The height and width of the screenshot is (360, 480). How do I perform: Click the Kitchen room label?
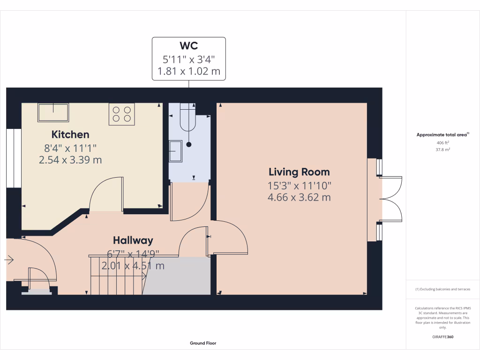click(70, 135)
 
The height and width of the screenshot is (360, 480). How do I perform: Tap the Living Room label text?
click(299, 172)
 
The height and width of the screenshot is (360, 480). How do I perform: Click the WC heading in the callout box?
click(188, 46)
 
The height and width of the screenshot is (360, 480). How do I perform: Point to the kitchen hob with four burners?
click(122, 114)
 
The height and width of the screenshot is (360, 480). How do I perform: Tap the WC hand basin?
click(176, 151)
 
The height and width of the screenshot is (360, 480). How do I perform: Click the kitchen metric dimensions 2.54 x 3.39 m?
click(70, 160)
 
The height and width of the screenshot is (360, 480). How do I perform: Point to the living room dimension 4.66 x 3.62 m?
click(299, 197)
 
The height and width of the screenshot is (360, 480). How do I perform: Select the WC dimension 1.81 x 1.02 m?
click(188, 72)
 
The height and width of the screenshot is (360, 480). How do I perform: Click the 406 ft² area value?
click(443, 142)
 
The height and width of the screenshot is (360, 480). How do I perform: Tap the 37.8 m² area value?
click(443, 150)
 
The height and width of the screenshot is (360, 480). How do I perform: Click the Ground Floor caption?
click(203, 343)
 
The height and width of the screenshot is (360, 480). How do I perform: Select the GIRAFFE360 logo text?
click(443, 337)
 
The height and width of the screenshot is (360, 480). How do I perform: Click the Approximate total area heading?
click(442, 135)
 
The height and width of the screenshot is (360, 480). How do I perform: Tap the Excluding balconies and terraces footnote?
click(443, 289)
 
